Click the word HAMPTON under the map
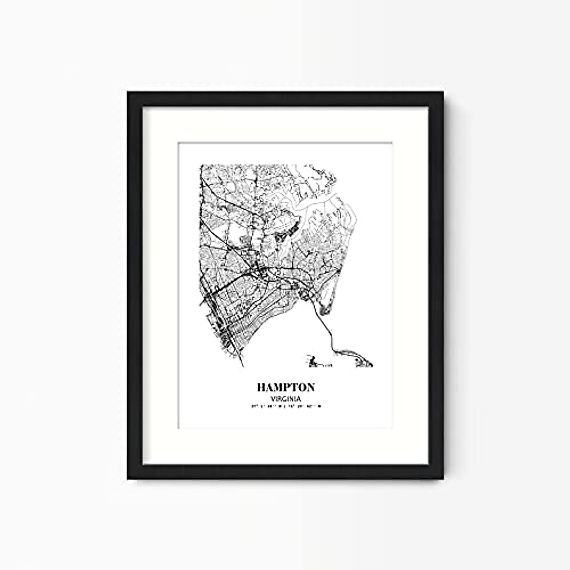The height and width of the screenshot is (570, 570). (x=286, y=387)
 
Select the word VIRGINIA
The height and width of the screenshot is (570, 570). (x=286, y=399)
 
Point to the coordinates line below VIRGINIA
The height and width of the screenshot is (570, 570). (x=286, y=407)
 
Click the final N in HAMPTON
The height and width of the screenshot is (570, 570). (x=309, y=387)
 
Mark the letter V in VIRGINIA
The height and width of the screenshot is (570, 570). (x=271, y=399)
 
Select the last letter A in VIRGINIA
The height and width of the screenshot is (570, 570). (x=300, y=399)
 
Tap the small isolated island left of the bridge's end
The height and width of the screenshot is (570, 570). (x=312, y=363)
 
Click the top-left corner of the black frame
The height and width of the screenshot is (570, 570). (x=129, y=93)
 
